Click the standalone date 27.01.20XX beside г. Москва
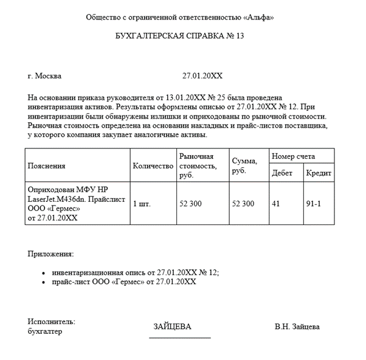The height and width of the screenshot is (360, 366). click(x=202, y=77)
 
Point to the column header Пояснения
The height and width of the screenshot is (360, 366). click(x=46, y=165)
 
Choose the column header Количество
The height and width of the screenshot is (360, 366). click(x=153, y=165)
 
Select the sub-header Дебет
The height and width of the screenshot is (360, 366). click(x=282, y=173)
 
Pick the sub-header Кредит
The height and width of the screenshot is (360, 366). click(x=319, y=173)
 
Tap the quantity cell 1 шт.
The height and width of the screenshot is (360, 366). click(x=142, y=204)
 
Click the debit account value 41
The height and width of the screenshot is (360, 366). click(x=276, y=204)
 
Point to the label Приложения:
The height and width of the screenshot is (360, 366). click(x=50, y=254)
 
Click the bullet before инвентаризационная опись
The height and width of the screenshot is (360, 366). click(x=44, y=274)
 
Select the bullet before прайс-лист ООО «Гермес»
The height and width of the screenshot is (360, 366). click(x=44, y=283)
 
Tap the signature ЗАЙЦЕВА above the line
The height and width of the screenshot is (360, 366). click(x=173, y=327)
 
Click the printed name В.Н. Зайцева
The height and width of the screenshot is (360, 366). click(x=297, y=327)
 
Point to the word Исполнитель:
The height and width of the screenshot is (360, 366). click(x=51, y=322)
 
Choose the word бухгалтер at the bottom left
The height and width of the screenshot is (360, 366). click(x=45, y=331)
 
